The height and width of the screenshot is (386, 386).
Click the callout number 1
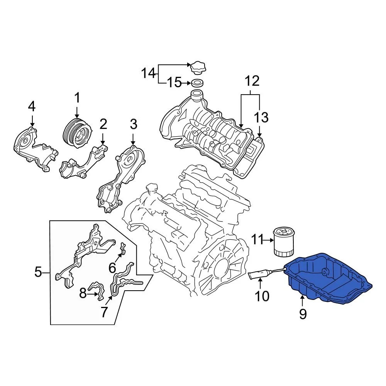click(77, 98)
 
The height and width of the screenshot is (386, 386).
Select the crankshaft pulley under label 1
click(77, 133)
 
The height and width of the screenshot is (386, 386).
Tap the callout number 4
click(32, 106)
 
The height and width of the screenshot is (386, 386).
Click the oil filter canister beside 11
click(284, 242)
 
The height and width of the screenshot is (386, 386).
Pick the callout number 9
click(303, 314)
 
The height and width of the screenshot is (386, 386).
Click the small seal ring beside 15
click(197, 83)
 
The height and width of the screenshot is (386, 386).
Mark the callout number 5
click(38, 273)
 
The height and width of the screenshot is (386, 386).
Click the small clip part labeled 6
click(122, 250)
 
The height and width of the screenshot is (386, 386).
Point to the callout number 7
click(104, 312)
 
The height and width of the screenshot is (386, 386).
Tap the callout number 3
click(133, 124)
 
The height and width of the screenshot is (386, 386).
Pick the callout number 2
click(103, 124)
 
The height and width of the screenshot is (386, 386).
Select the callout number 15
click(174, 82)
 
